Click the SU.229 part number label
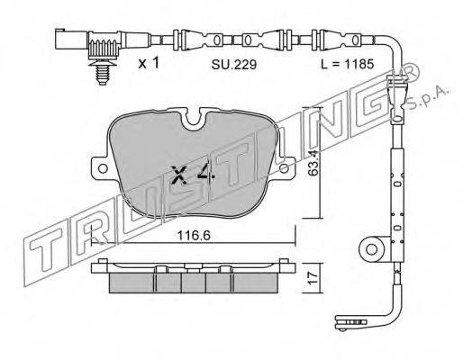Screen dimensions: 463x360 click(x=234, y=64)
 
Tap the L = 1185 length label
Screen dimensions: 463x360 click(x=348, y=64)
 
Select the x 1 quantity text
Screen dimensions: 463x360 click(x=149, y=63)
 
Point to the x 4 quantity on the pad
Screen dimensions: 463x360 click(x=193, y=174)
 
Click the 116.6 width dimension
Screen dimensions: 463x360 click(x=194, y=235)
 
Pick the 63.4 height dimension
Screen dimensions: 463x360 click(x=313, y=163)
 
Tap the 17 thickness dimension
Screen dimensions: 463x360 click(x=313, y=278)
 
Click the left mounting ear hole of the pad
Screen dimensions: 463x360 click(x=103, y=168)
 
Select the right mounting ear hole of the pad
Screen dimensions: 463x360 click(x=284, y=168)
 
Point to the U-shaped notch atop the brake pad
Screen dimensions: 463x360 click(x=196, y=119)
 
